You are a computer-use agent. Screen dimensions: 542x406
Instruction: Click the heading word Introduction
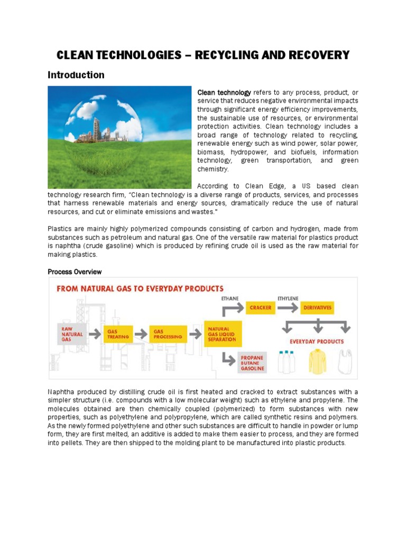76,75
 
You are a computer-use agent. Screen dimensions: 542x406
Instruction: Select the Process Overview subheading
75,272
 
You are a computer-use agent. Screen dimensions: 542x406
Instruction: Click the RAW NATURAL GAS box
71,334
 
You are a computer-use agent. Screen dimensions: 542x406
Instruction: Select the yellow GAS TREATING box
118,334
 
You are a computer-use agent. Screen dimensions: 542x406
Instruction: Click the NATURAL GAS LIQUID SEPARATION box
223,334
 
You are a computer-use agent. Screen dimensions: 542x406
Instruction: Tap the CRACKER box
260,308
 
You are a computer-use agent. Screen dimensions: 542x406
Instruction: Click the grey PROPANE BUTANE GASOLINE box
252,363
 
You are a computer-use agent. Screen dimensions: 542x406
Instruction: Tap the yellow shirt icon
318,362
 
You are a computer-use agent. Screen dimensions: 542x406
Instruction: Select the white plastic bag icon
346,362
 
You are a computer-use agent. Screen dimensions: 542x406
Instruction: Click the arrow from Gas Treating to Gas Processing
141,335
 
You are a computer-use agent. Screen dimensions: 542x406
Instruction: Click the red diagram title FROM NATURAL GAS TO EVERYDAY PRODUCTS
140,289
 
